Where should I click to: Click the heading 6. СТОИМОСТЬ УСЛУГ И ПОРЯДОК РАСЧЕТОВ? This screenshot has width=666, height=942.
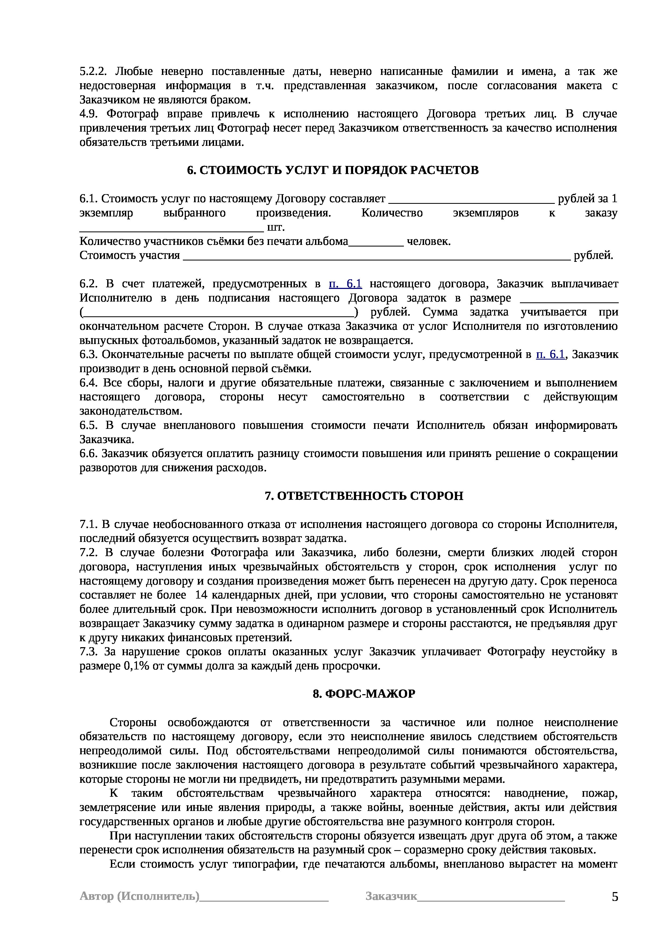click(333, 170)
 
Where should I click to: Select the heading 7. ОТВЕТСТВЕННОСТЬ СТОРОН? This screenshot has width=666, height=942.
click(364, 496)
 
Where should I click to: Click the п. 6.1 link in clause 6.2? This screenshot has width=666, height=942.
click(345, 284)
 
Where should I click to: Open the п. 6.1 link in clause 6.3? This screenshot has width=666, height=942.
click(550, 354)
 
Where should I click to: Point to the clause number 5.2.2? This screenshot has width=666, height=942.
click(93, 72)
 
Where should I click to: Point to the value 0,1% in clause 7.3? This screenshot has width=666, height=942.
click(137, 666)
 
